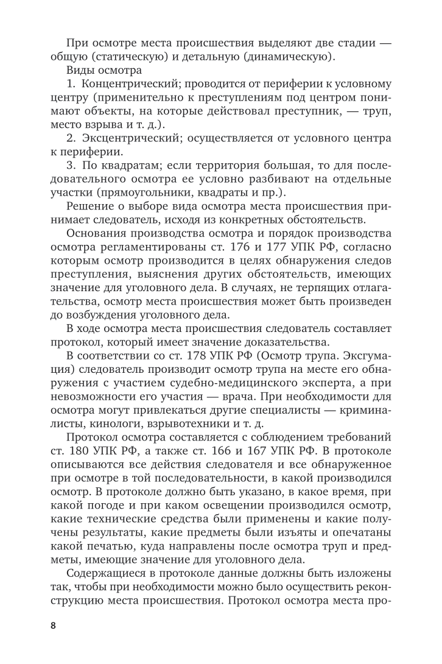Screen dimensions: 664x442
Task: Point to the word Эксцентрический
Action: pos(133,138)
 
